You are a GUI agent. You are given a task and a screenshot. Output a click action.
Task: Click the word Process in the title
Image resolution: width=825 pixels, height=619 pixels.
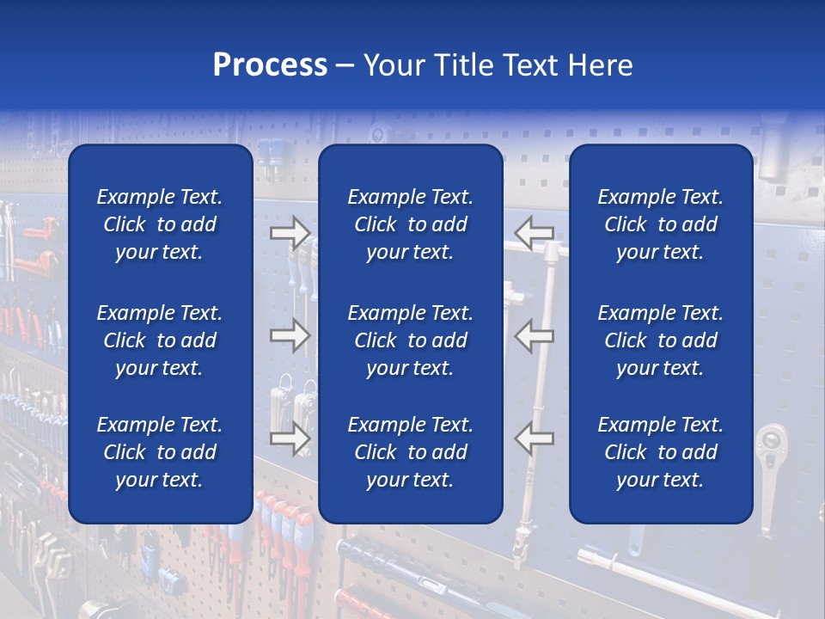tap(270, 65)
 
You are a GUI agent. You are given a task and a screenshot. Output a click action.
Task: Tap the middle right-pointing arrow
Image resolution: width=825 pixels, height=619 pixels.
tap(290, 335)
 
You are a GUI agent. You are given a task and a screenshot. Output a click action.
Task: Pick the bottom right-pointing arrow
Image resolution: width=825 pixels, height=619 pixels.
tap(290, 438)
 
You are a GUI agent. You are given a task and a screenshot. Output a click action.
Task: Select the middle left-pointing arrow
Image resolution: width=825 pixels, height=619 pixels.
tap(534, 335)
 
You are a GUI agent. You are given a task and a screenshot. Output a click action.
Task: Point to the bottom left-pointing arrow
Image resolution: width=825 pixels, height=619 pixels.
tap(534, 438)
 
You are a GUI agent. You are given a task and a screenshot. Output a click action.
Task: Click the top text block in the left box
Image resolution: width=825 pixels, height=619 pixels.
tap(160, 224)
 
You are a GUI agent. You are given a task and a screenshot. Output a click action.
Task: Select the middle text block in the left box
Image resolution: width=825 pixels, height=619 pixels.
tap(160, 340)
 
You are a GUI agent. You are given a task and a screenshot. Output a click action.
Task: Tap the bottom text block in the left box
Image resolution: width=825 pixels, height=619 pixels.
tap(160, 452)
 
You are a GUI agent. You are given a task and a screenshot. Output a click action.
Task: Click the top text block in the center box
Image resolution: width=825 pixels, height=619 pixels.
tap(410, 224)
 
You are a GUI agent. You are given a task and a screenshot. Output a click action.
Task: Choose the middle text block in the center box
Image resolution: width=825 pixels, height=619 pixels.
tap(410, 340)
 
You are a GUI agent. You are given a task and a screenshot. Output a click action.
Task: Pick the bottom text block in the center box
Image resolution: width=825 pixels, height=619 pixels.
tap(410, 452)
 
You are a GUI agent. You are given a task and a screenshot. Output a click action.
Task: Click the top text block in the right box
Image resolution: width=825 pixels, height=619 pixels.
tap(661, 224)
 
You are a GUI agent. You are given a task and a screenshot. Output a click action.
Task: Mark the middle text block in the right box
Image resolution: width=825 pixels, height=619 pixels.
tap(661, 340)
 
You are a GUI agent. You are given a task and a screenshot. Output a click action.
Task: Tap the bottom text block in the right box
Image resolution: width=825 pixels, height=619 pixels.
tap(661, 452)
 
